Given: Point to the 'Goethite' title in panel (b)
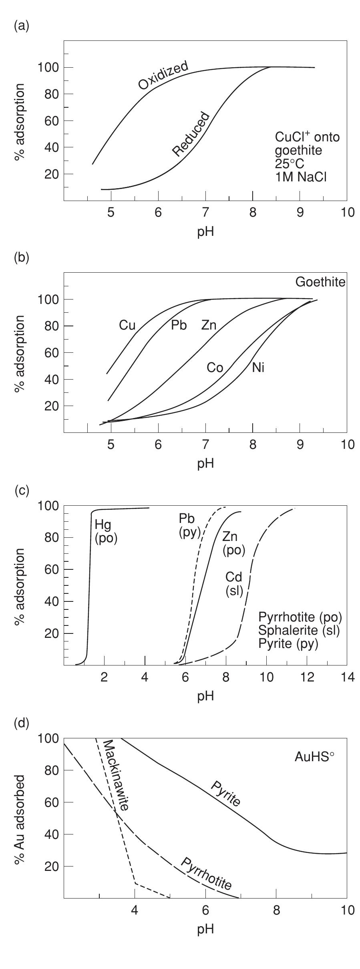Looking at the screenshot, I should tap(320, 282).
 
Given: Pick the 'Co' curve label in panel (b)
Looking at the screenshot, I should tap(215, 368).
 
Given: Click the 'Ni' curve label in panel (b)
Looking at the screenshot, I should tap(258, 368).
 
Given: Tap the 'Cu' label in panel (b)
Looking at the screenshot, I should tap(127, 326).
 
